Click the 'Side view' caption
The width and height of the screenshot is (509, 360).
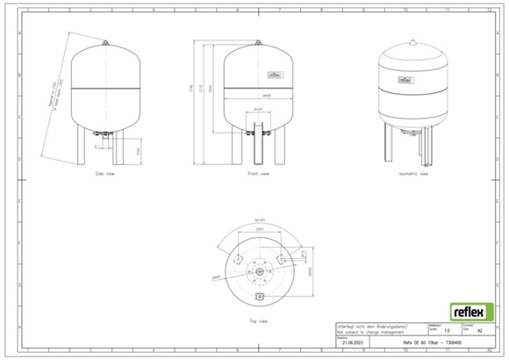click(105, 174)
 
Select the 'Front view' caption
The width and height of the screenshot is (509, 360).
click(257, 174)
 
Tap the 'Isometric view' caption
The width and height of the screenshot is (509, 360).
click(413, 174)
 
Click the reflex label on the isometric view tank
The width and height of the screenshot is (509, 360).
click(406, 78)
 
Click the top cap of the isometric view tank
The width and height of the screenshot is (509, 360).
click(412, 40)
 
